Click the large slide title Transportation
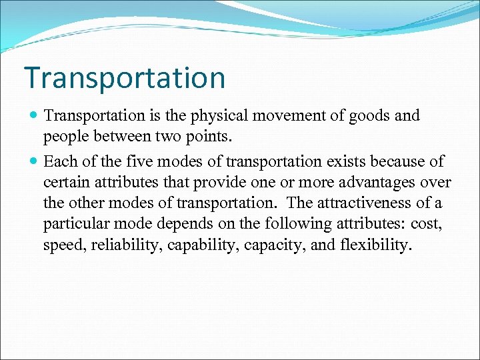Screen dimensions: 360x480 point(125,77)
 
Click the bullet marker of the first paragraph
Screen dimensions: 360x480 point(34,116)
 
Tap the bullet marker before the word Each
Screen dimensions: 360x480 point(34,161)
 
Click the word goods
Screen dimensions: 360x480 point(372,116)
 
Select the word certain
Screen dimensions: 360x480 point(66,182)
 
